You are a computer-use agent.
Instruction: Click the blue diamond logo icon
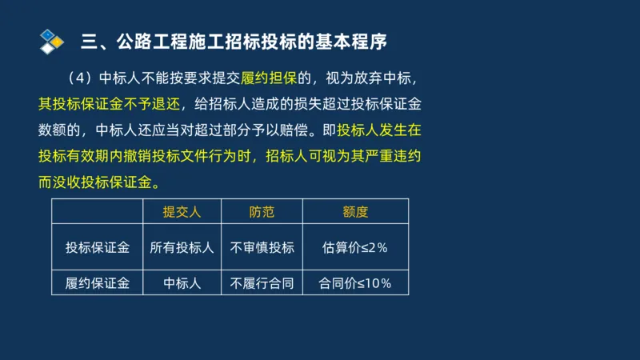[x=51, y=40]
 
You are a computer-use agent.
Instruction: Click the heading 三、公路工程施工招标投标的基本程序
[x=240, y=40]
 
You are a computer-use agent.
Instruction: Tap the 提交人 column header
[x=182, y=212]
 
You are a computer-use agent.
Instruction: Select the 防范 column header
[x=262, y=212]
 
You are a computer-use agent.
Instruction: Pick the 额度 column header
[x=355, y=212]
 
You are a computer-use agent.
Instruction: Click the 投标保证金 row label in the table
[x=98, y=247]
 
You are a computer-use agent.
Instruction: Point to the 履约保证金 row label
[x=98, y=282]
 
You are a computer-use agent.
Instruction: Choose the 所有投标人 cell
[x=182, y=247]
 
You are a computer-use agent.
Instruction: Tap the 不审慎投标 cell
[x=262, y=247]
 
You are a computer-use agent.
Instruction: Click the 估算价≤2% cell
[x=355, y=247]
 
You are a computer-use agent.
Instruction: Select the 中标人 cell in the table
[x=182, y=282]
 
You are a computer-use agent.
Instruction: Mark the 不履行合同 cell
[x=262, y=282]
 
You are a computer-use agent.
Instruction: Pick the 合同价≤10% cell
[x=355, y=282]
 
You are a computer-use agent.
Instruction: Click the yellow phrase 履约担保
[x=274, y=78]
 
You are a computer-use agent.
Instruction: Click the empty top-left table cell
[x=98, y=212]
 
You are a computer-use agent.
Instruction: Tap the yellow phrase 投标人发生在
[x=384, y=130]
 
